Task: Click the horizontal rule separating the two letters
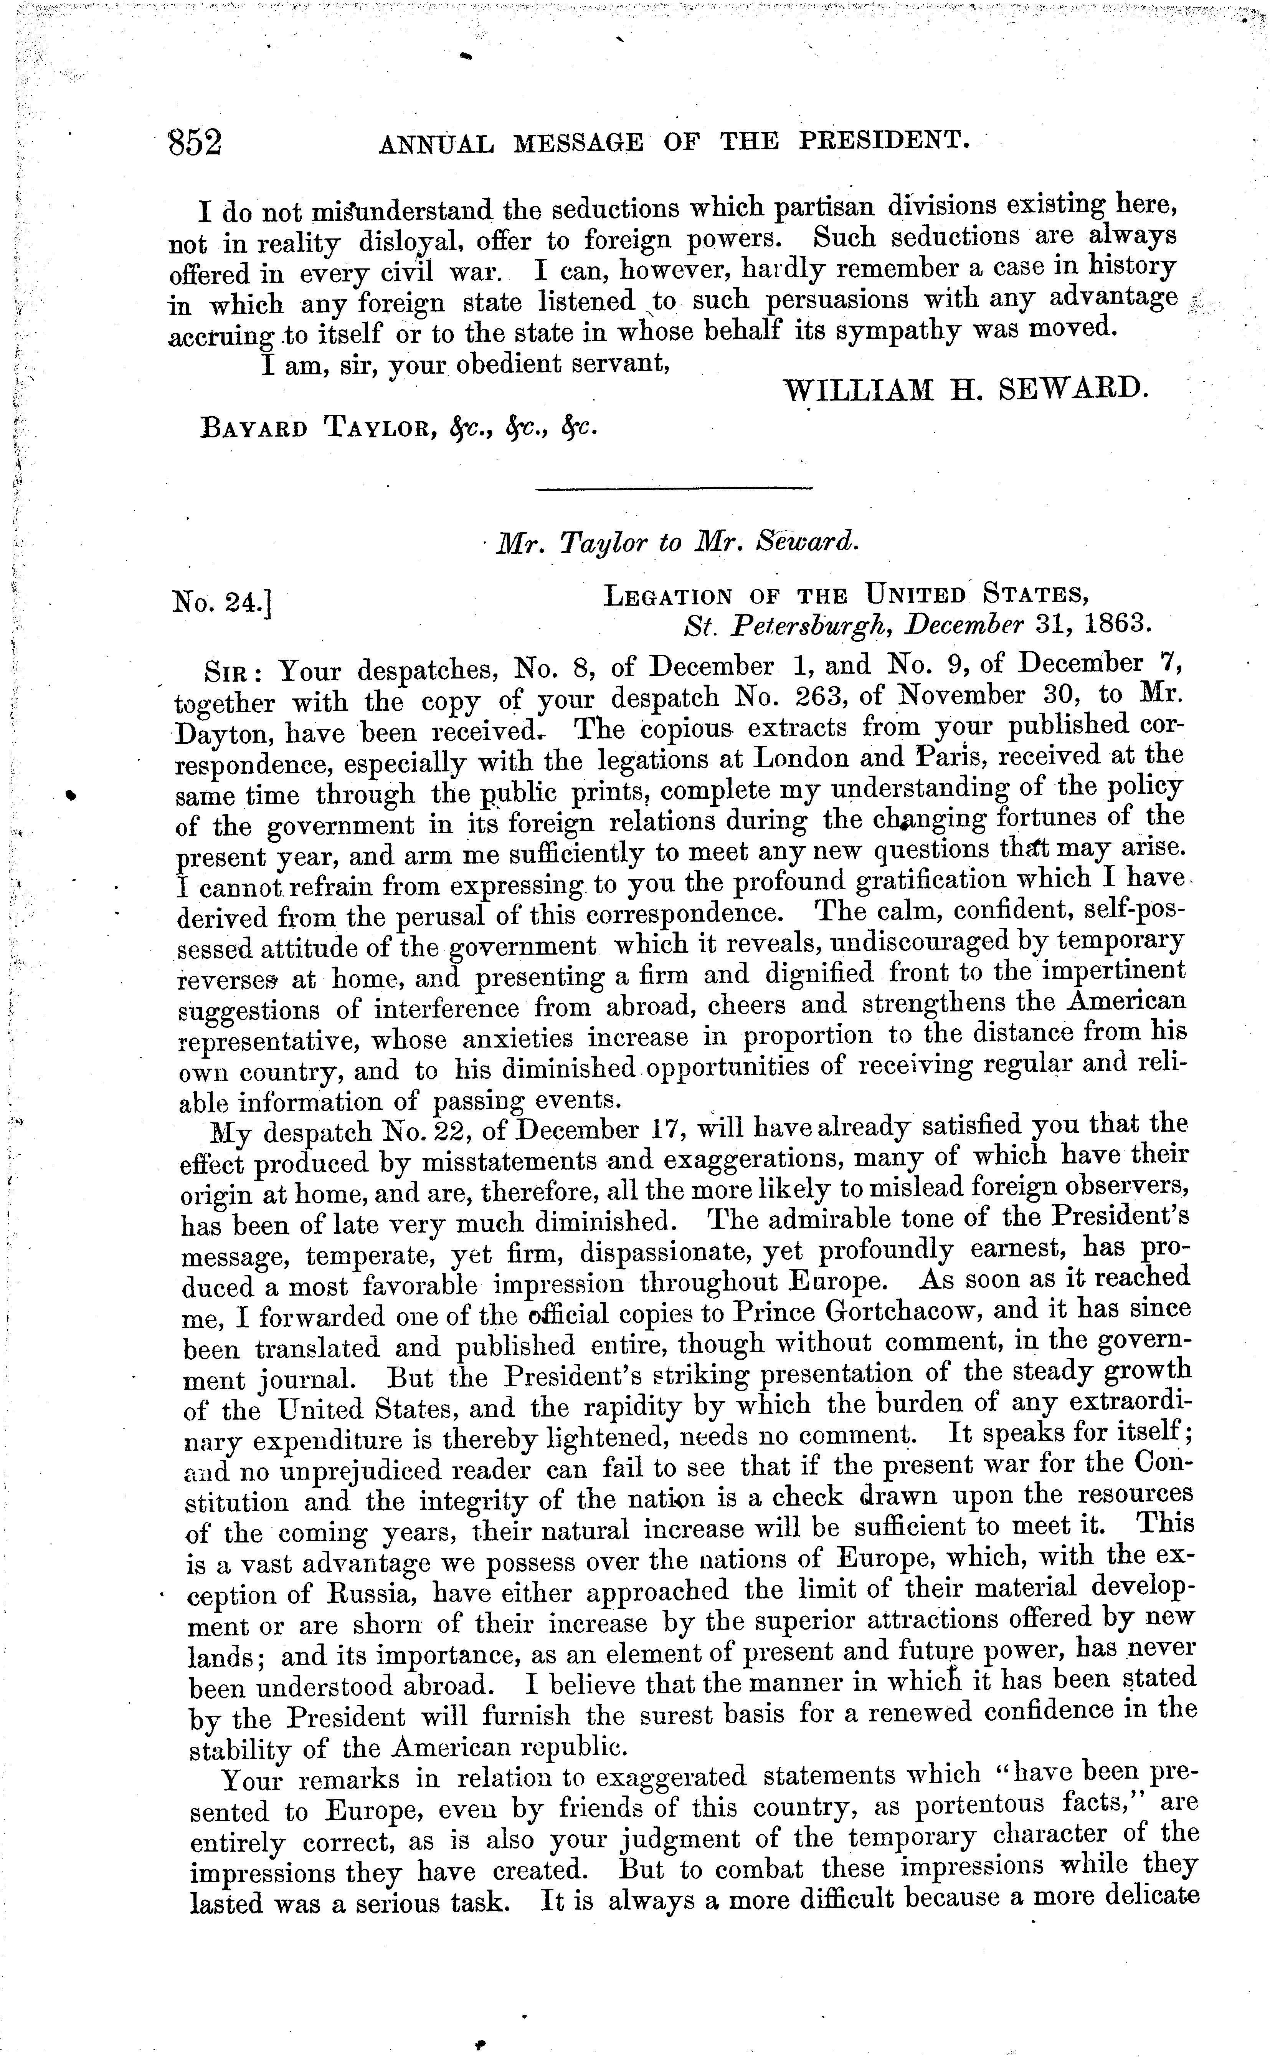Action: pos(674,488)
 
